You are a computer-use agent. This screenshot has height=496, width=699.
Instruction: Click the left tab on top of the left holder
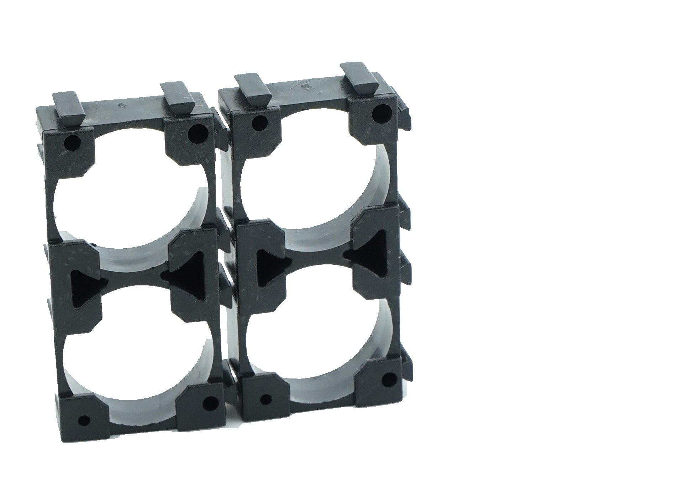[x=68, y=105]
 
